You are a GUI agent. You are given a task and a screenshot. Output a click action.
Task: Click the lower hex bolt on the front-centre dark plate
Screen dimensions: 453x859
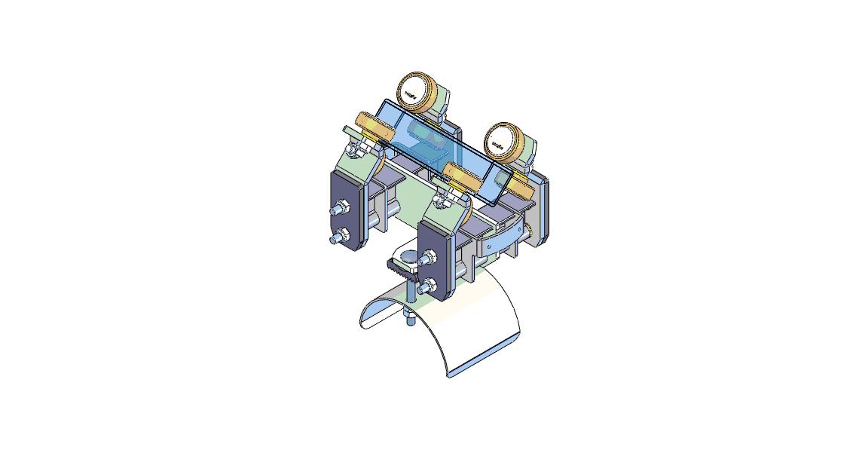click(426, 286)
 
